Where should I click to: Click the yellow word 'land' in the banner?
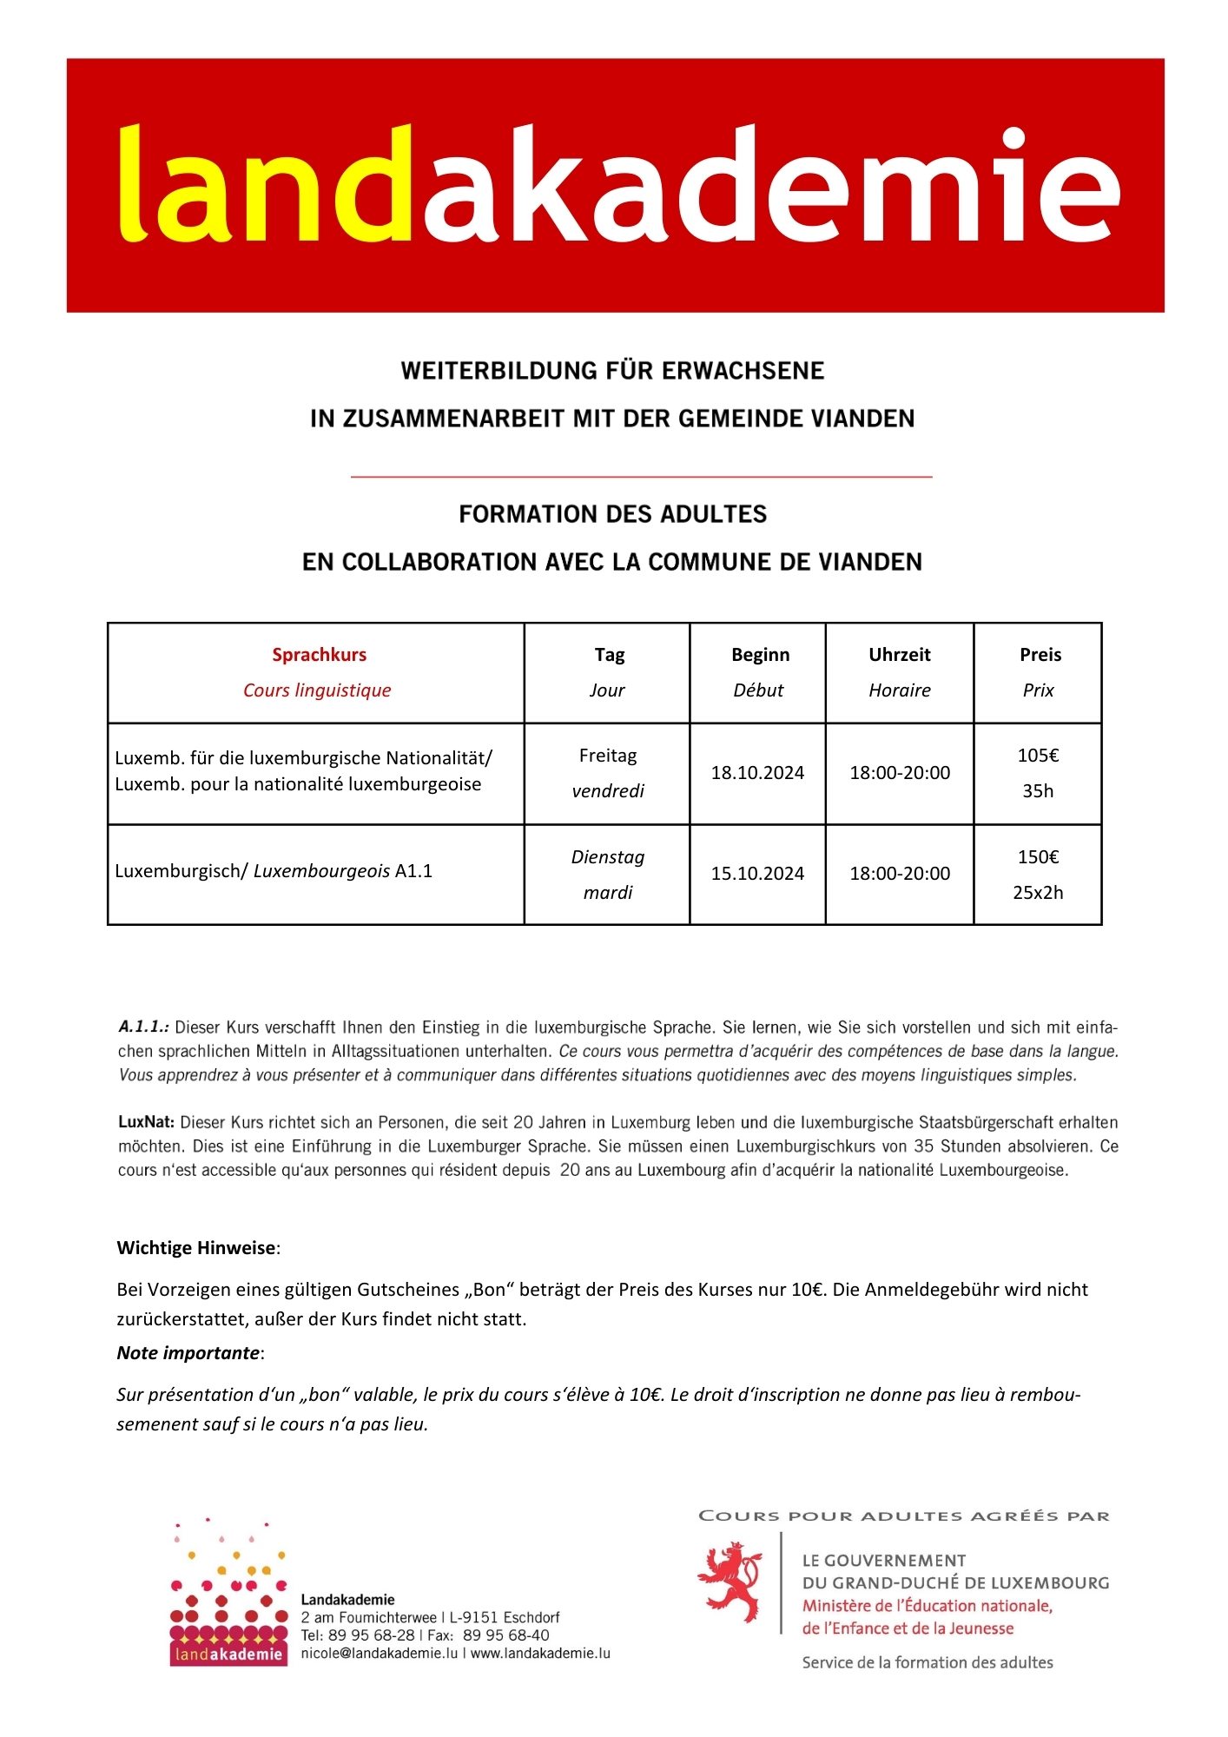[x=265, y=184]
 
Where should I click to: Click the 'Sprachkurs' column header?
[x=319, y=655]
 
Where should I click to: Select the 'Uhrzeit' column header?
[x=899, y=655]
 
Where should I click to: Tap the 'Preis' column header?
[x=1040, y=655]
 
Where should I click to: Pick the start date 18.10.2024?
[x=757, y=773]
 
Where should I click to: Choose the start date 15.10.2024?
[x=757, y=874]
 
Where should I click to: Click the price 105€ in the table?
[x=1038, y=756]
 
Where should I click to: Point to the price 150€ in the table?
[x=1038, y=857]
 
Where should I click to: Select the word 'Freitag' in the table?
[x=608, y=756]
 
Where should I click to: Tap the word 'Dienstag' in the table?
[x=608, y=857]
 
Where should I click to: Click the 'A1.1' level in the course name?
[x=413, y=871]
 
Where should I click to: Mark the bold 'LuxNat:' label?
[x=146, y=1122]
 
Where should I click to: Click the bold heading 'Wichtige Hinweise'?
[x=196, y=1248]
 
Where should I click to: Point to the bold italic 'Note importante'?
[x=188, y=1353]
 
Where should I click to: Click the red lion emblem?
[x=730, y=1582]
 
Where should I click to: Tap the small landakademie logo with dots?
[x=228, y=1594]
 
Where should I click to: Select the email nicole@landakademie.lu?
[x=379, y=1654]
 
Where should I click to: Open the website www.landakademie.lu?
[x=540, y=1654]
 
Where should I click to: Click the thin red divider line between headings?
[x=641, y=477]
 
